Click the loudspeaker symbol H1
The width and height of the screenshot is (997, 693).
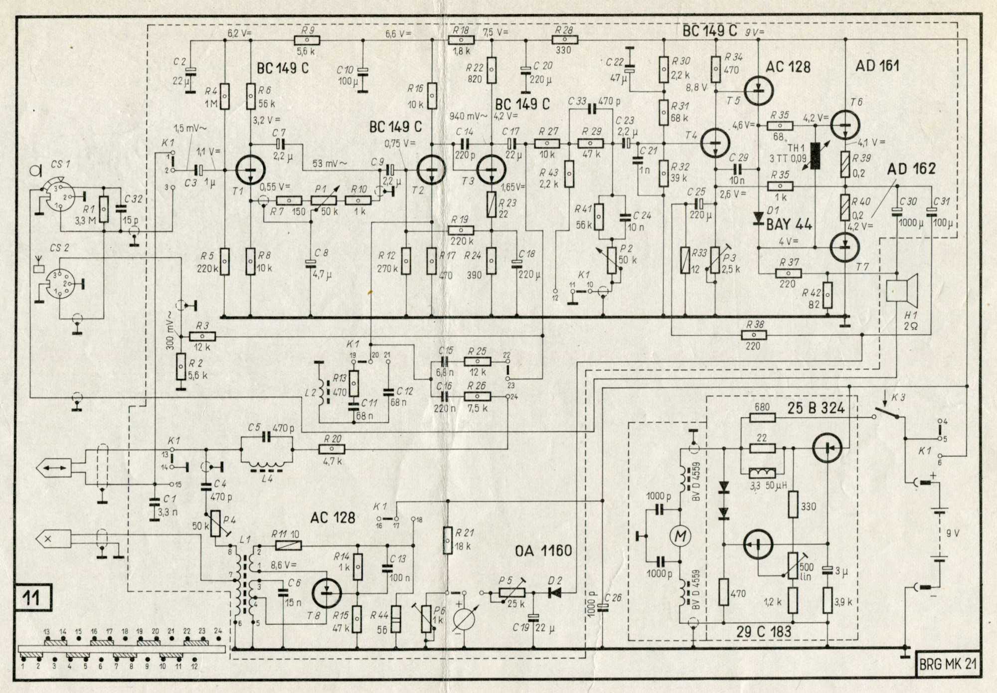pos(903,291)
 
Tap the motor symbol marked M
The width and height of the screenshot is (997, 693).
pos(680,536)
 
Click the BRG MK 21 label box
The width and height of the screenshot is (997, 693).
pos(948,664)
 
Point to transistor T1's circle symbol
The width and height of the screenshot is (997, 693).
pos(249,170)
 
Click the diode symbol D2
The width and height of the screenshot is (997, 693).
pos(554,593)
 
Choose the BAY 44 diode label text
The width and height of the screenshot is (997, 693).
pos(789,224)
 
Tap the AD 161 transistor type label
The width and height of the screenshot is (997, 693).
pos(877,66)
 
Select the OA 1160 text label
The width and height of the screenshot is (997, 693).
pos(543,551)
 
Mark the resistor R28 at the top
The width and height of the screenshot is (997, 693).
pos(564,40)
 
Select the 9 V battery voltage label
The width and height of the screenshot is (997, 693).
pos(953,533)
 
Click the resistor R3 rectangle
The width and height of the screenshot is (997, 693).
pos(202,337)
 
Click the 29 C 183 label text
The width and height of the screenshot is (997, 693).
pos(764,632)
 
